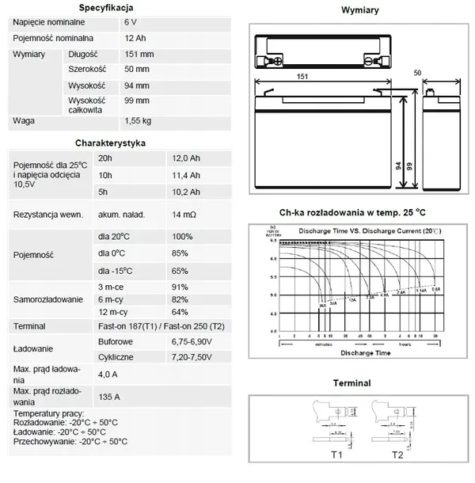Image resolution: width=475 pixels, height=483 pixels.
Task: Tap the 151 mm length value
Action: point(140,54)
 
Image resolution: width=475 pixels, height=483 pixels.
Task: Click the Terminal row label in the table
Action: point(29,326)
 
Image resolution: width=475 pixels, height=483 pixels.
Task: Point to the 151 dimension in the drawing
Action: point(302,77)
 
